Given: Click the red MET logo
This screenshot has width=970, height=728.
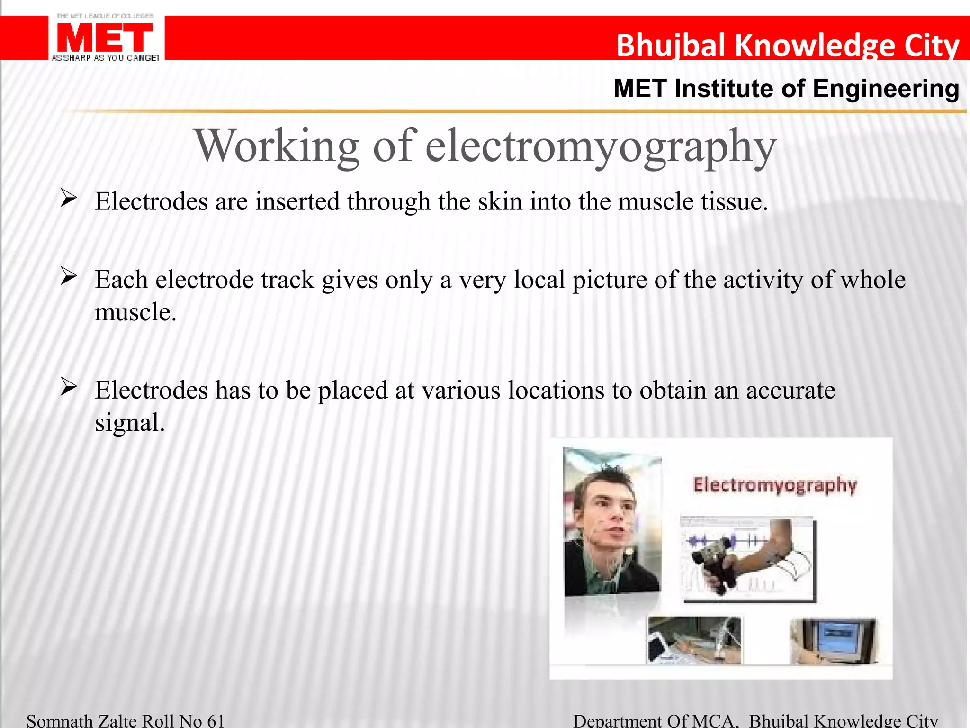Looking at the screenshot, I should click(x=105, y=38).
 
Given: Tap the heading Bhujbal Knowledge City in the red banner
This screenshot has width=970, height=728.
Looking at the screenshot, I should click(x=787, y=45).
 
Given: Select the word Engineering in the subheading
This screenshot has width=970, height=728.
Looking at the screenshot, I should click(x=886, y=89).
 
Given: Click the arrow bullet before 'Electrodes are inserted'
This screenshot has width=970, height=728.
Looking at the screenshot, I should click(x=69, y=198).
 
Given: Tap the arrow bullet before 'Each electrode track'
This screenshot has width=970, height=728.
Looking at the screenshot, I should click(x=69, y=276).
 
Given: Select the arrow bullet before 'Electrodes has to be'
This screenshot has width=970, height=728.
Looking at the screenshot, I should click(x=69, y=387).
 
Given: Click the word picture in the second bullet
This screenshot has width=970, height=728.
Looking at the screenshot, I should click(x=609, y=280).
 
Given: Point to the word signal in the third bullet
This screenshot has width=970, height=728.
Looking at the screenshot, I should click(x=129, y=423).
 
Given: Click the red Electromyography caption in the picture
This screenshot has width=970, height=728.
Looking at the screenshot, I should click(x=775, y=485).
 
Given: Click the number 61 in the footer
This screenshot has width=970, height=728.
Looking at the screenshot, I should click(x=216, y=721).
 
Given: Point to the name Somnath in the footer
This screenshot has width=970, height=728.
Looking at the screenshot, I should click(x=60, y=721).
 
